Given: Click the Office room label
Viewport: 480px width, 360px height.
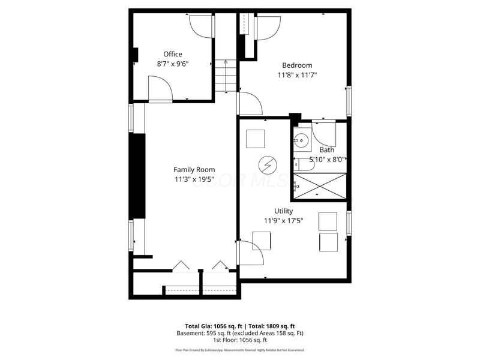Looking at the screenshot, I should point(173,54).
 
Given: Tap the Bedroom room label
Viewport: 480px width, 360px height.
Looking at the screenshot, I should point(297,65).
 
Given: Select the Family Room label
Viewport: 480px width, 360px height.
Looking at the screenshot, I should point(194,170).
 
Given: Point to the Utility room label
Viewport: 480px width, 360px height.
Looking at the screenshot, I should point(283,211).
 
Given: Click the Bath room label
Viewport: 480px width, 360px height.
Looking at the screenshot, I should point(326,150).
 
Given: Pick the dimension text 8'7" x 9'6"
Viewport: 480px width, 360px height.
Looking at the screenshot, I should point(173,64).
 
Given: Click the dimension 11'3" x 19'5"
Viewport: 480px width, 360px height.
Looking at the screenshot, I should point(194,179).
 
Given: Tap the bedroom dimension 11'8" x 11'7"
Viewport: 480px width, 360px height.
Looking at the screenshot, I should point(297,75).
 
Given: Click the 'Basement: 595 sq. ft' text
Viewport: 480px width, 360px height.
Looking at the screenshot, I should point(202,332).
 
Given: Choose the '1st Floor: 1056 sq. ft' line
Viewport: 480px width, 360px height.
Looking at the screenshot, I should point(240,340).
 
